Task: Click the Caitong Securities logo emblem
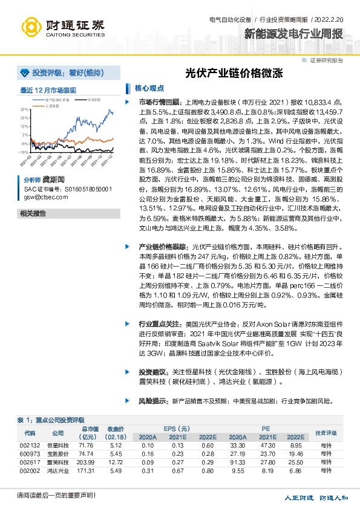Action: [x=30, y=26]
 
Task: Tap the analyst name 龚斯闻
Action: [x=54, y=180]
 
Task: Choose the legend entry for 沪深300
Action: [x=94, y=99]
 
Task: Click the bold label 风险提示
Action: [x=152, y=401]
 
